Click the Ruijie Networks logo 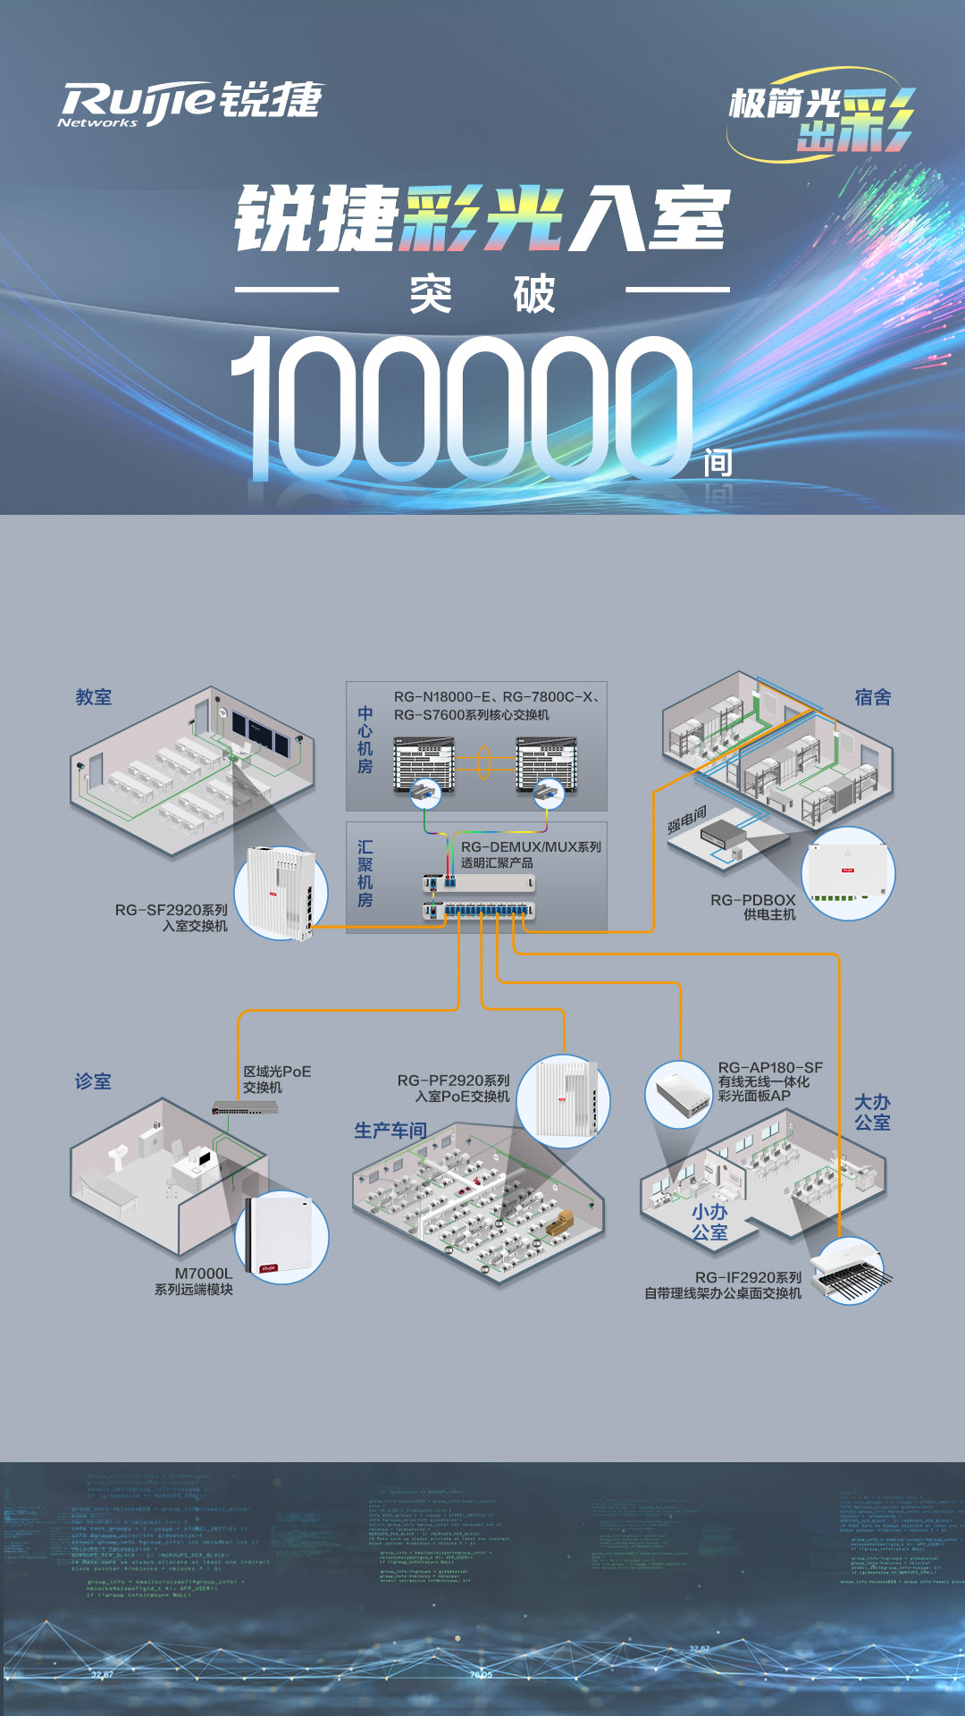point(189,102)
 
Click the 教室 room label point(94,697)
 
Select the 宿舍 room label point(872,697)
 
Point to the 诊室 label point(93,1081)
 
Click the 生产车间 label point(390,1131)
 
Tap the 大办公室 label point(872,1112)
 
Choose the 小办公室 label point(709,1222)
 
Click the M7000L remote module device point(281,1238)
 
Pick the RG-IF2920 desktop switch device point(851,1269)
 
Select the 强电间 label point(686,820)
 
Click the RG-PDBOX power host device point(847,873)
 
